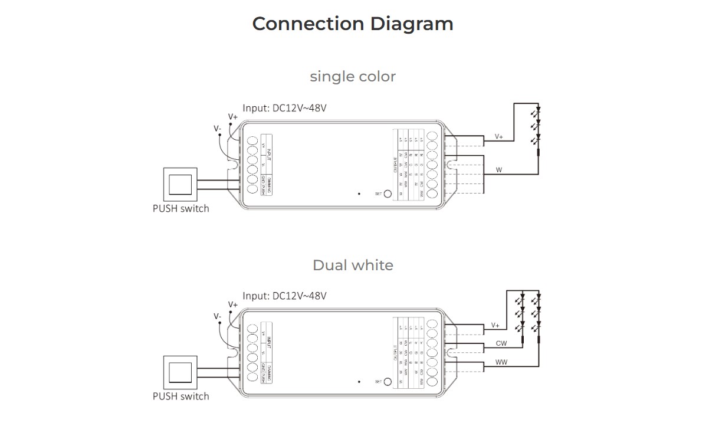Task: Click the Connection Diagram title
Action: [353, 24]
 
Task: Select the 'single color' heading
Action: [353, 77]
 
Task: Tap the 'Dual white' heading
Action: [353, 266]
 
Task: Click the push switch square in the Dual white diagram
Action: [180, 372]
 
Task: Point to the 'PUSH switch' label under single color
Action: [180, 208]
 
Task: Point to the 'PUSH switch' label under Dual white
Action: [180, 396]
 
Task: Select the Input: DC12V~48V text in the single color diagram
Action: [284, 109]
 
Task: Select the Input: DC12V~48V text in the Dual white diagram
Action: [284, 296]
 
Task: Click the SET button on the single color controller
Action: [388, 194]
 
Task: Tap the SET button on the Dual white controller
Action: [388, 382]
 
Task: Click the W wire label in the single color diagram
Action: [499, 170]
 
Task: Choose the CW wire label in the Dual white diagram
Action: [501, 343]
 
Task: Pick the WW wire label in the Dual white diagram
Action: [501, 362]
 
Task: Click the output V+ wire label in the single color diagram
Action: [499, 137]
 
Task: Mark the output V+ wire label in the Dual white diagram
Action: [495, 325]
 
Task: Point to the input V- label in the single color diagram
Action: [218, 128]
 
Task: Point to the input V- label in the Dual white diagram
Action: [218, 316]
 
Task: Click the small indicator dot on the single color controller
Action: [359, 193]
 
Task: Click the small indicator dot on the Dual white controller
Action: [359, 382]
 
